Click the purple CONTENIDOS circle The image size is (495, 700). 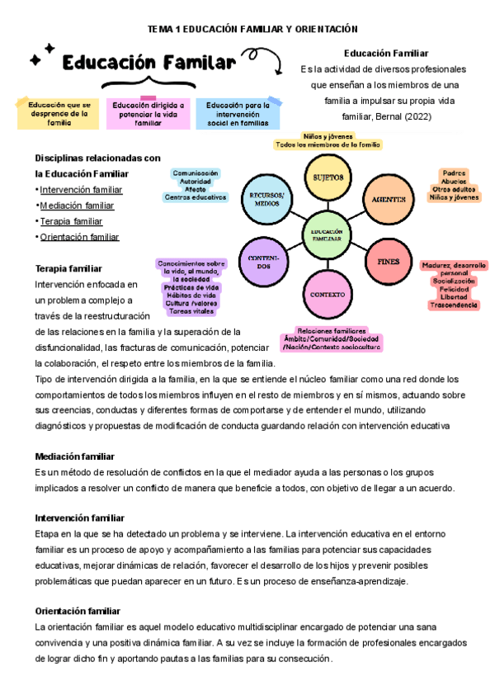pyautogui.click(x=263, y=262)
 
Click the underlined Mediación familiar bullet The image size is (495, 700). pyautogui.click(x=77, y=206)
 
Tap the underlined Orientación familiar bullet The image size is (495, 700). pyautogui.click(x=79, y=237)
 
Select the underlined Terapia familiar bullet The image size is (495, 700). pyautogui.click(x=71, y=221)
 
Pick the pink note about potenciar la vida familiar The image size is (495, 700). pyautogui.click(x=148, y=114)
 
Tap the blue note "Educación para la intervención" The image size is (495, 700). pyautogui.click(x=238, y=114)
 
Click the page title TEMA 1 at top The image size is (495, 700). pyautogui.click(x=247, y=29)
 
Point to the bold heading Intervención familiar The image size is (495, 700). pyautogui.click(x=79, y=518)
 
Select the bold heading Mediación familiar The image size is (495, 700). pyautogui.click(x=74, y=456)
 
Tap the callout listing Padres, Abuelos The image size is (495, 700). pyautogui.click(x=454, y=185)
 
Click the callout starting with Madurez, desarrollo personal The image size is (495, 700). pyautogui.click(x=453, y=285)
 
